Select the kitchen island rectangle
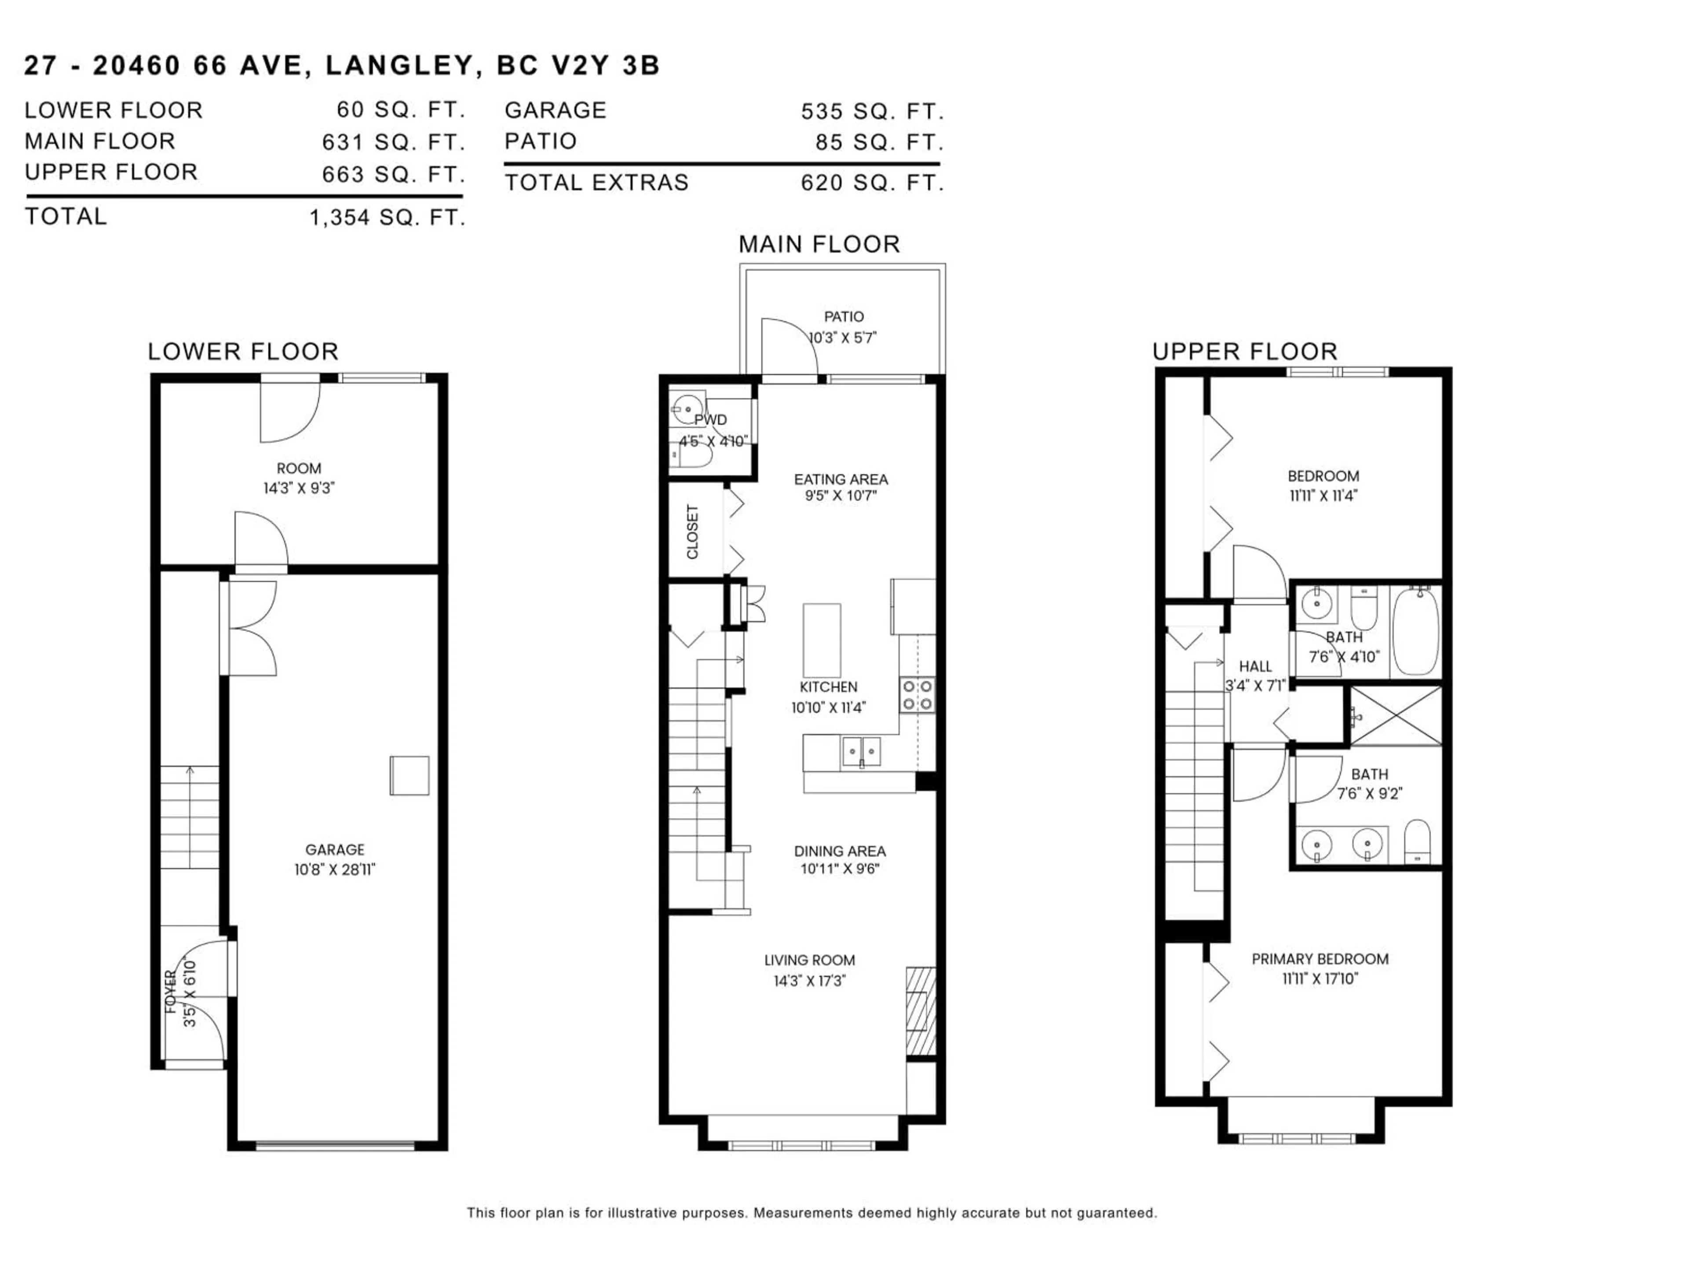coord(822,640)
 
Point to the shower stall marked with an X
coord(1396,716)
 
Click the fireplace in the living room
coord(921,1011)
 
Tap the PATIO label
coord(844,316)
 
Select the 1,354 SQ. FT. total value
coord(387,218)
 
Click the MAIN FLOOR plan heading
coord(819,245)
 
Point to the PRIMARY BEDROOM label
coord(1320,959)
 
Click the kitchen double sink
coord(861,751)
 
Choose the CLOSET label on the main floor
coord(693,531)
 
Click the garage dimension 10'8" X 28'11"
coord(335,869)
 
